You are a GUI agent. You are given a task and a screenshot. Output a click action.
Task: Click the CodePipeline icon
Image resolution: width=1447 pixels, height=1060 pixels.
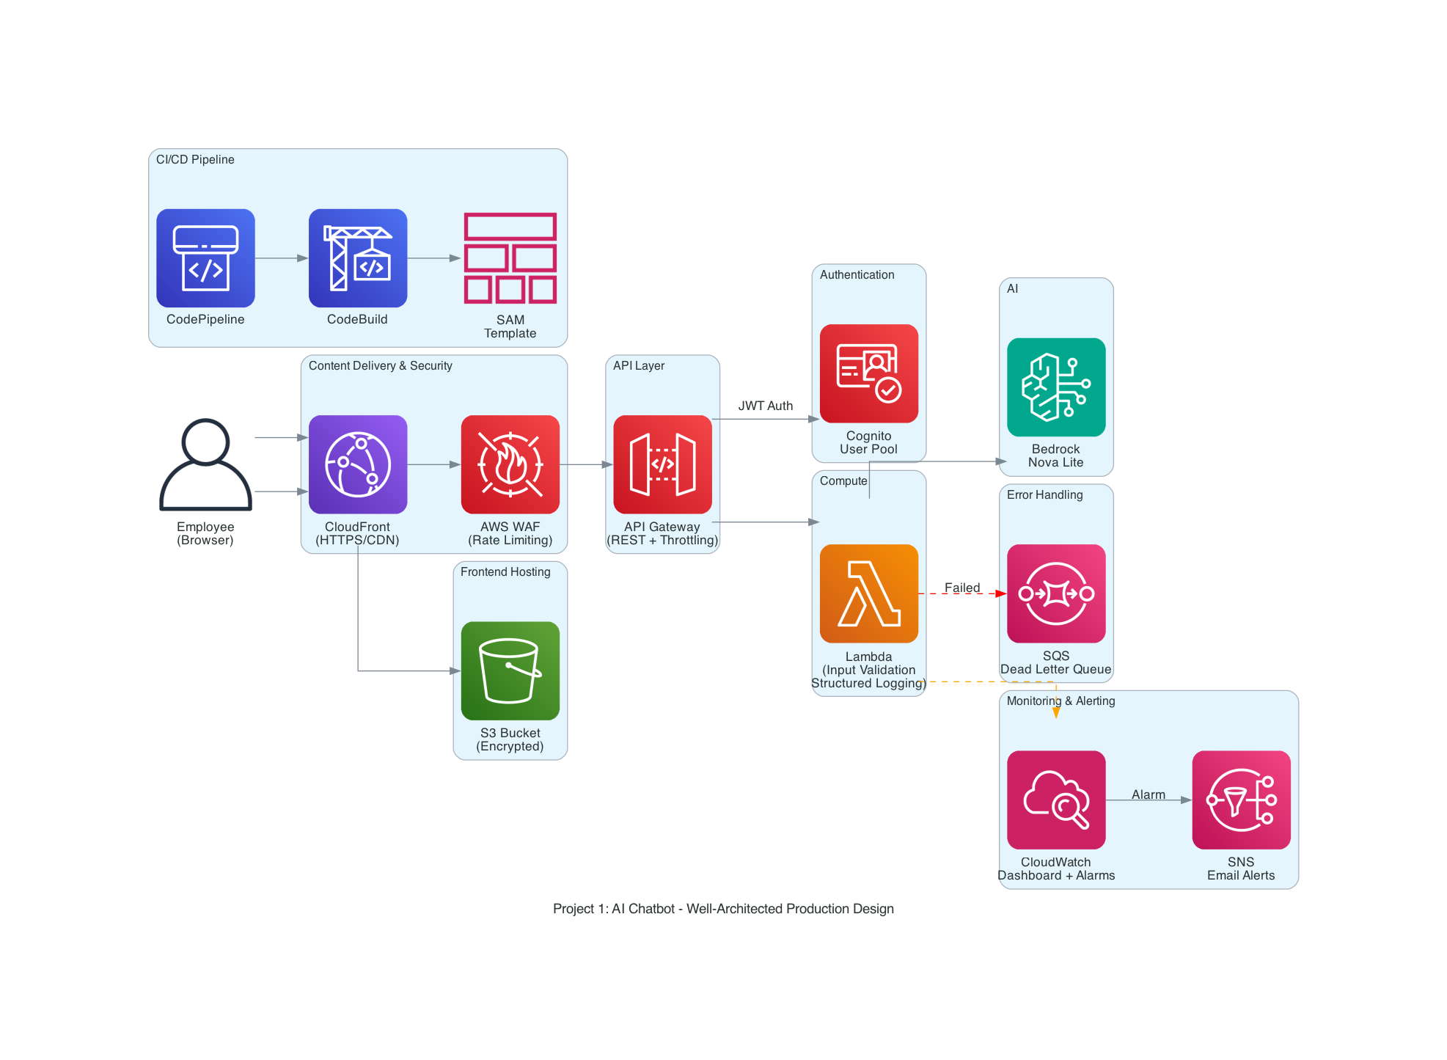click(205, 258)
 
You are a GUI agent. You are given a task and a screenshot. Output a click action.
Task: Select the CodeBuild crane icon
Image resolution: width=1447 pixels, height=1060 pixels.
click(358, 258)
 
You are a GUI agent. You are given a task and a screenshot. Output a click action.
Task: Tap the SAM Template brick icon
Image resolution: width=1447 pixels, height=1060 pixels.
click(510, 258)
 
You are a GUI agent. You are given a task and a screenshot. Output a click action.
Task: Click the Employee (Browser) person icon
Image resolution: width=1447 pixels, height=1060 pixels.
click(205, 464)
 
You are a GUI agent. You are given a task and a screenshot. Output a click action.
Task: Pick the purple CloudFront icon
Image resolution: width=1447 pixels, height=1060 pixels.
click(358, 464)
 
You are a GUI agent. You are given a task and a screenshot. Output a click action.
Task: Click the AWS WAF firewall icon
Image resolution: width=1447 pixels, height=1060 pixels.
click(510, 464)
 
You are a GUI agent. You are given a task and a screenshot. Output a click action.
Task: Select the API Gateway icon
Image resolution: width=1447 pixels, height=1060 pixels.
click(662, 464)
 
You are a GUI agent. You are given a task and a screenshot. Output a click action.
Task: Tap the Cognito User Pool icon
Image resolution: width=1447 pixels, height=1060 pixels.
click(869, 373)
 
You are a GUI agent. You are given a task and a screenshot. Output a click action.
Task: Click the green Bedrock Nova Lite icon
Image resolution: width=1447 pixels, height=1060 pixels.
click(1056, 387)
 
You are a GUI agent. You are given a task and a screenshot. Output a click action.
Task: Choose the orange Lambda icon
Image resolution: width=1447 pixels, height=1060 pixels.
click(869, 593)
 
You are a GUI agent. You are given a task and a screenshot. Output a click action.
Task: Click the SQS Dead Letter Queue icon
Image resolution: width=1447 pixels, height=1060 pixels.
click(1056, 593)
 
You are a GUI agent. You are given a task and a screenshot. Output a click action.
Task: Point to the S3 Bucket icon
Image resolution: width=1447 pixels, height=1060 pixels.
click(510, 670)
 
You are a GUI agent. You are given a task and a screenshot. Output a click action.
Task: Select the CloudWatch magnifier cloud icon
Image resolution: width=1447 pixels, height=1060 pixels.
click(1056, 800)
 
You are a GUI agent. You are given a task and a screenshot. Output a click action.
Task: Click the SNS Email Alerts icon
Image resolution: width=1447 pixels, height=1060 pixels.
click(1241, 800)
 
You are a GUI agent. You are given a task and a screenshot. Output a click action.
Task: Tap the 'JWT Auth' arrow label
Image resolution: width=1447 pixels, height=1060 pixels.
click(765, 406)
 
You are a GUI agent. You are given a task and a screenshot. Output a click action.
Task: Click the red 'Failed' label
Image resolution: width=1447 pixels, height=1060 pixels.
click(962, 588)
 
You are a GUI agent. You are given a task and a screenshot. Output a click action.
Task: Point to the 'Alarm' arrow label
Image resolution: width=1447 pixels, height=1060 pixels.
click(1149, 794)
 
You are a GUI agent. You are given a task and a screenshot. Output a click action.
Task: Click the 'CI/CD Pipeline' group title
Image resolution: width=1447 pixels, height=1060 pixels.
click(195, 160)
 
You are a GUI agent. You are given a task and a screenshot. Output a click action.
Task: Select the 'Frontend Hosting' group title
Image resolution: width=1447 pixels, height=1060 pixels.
click(505, 572)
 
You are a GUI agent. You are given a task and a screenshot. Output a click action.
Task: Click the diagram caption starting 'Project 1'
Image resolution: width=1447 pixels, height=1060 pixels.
click(723, 909)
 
